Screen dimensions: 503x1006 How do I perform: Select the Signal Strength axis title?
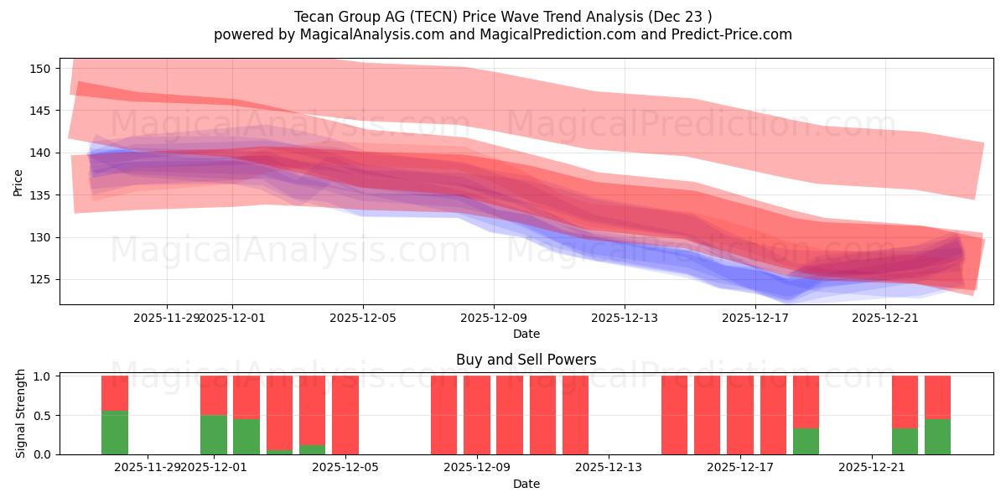tap(21, 414)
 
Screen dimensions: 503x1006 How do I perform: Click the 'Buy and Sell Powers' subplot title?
tap(526, 360)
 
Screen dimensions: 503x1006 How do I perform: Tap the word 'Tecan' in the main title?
tap(314, 17)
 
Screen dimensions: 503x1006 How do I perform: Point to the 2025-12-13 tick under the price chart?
tap(625, 318)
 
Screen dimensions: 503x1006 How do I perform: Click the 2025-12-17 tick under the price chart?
tap(755, 318)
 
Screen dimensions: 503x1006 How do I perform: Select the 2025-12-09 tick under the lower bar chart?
tap(477, 468)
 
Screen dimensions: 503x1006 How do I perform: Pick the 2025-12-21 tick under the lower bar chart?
tap(872, 468)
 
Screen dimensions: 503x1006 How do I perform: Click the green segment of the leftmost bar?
tap(115, 433)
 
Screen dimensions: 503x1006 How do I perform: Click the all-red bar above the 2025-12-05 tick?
tap(345, 415)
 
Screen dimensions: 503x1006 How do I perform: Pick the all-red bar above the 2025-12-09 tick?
tap(477, 415)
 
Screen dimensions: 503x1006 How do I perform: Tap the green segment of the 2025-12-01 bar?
tap(214, 434)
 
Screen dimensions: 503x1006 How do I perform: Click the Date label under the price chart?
tap(526, 334)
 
